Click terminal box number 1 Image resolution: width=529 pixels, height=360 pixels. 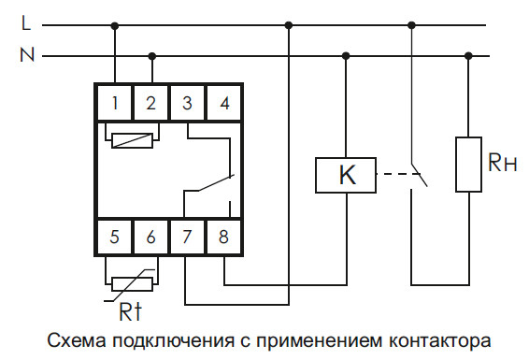[x=114, y=103]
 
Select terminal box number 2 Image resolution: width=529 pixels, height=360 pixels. [x=150, y=103]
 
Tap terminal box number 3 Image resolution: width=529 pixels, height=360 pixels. [x=187, y=103]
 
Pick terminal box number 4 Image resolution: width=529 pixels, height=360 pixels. [x=223, y=103]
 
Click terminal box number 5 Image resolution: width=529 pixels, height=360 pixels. [x=114, y=237]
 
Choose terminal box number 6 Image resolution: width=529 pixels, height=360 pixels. [x=150, y=237]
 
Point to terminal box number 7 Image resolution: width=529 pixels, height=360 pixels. [x=187, y=237]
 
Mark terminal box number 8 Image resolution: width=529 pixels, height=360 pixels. [x=223, y=237]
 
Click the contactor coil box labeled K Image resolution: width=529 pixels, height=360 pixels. [x=347, y=174]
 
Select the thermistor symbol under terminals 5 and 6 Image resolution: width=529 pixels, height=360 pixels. [x=133, y=281]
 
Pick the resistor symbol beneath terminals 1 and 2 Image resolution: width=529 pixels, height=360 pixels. [x=133, y=142]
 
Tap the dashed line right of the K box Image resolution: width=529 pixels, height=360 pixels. [x=395, y=174]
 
